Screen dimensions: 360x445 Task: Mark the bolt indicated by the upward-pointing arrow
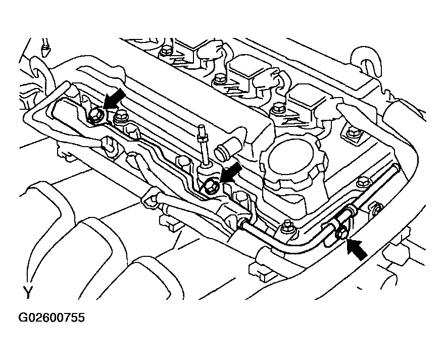tap(342, 232)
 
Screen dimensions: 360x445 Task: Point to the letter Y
tap(28, 292)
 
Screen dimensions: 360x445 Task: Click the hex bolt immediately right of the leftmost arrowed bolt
tap(120, 119)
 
